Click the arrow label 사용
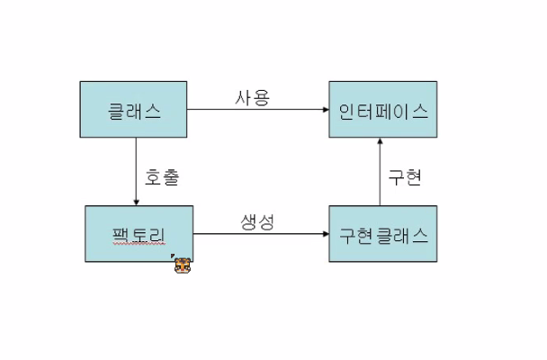(x=252, y=97)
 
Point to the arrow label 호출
(x=162, y=176)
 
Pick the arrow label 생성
(x=256, y=220)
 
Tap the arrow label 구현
(x=405, y=176)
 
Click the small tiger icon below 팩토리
(x=183, y=265)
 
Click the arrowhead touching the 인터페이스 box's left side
(x=324, y=110)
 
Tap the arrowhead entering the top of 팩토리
(x=136, y=202)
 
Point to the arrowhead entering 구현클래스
(x=324, y=234)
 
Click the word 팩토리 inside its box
(x=139, y=236)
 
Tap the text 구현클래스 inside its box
(x=382, y=235)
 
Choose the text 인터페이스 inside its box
(x=382, y=112)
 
